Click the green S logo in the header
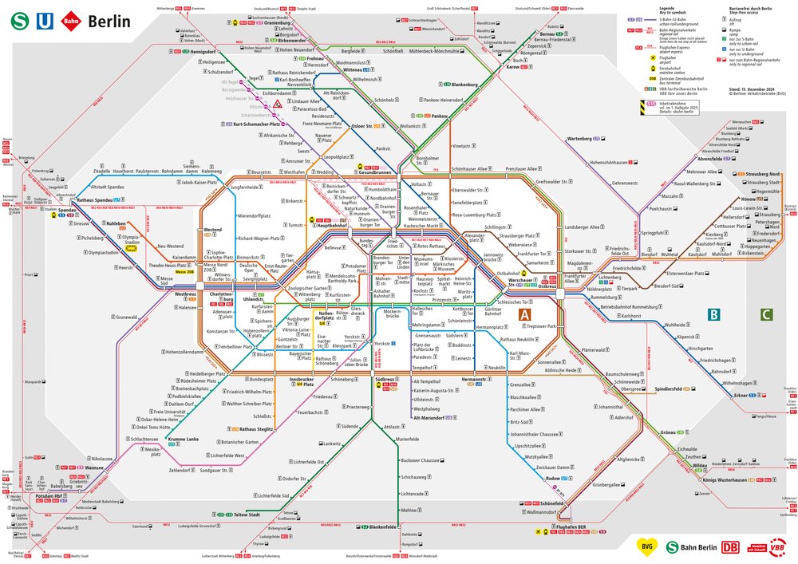tap(18, 22)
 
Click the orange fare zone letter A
tap(525, 315)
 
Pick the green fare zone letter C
tap(766, 315)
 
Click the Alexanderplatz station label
tap(475, 238)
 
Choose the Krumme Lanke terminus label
tap(183, 440)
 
